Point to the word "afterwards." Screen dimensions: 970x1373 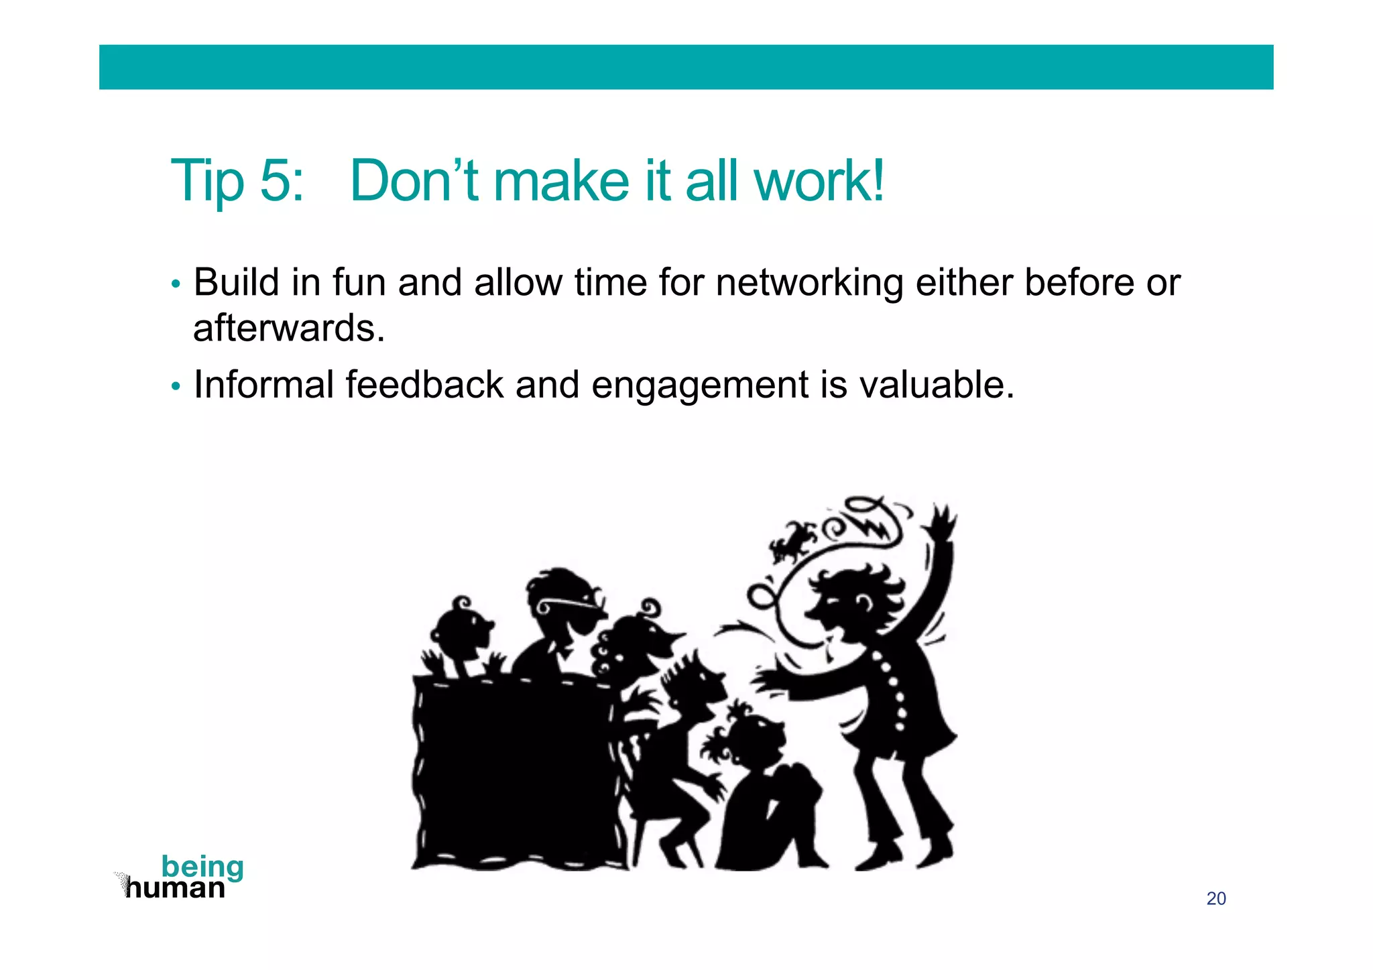[289, 328]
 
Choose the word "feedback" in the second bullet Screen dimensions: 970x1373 [424, 385]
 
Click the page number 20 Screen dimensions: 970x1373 [1215, 898]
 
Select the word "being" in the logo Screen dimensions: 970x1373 [202, 867]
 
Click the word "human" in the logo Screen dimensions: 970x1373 [176, 888]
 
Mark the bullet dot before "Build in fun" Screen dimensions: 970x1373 [176, 284]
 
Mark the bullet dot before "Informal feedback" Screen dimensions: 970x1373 [176, 387]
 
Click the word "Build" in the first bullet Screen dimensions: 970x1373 [236, 283]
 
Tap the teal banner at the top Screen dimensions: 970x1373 [686, 67]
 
